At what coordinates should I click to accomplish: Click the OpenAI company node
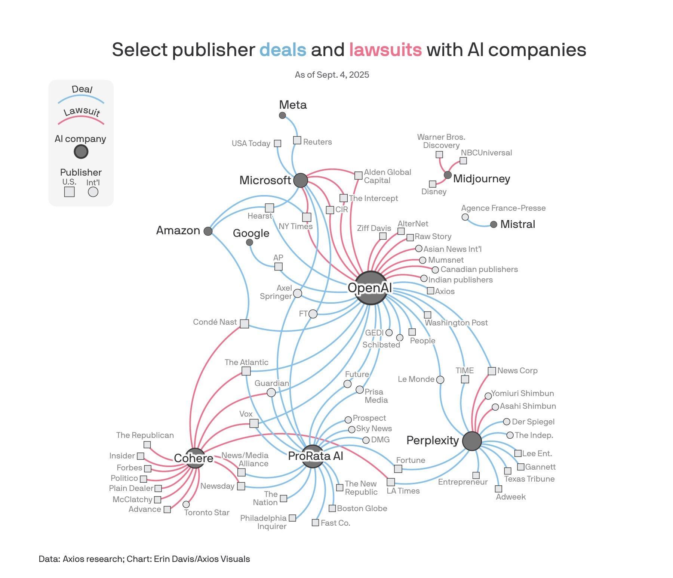370,288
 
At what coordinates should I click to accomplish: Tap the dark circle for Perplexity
472,441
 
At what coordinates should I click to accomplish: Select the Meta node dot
283,115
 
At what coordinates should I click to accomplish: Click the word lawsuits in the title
385,50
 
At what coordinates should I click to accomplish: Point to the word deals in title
283,50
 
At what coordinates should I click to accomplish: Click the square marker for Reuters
297,140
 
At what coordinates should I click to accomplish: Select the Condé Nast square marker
244,324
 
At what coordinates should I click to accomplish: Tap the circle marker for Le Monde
440,380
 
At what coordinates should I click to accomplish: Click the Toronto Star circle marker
186,504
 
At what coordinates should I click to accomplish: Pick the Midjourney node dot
448,175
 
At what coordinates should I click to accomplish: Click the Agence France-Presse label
503,208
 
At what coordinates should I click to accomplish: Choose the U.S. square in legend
69,192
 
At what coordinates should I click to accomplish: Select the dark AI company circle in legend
81,152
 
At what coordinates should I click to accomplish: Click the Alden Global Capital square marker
358,175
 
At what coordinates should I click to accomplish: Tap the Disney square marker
433,184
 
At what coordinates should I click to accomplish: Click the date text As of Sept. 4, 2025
332,75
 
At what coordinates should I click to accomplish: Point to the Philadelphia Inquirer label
264,522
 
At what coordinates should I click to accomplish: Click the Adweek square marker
498,489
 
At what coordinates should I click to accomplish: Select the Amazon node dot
208,231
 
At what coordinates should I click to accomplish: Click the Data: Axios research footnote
144,559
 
